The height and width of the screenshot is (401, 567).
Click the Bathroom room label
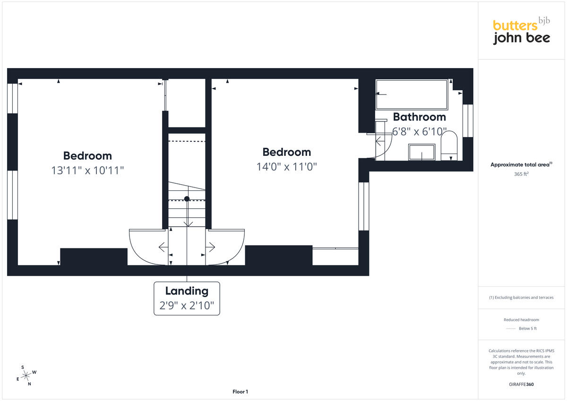point(420,117)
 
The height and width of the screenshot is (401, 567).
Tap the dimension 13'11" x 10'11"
point(87,170)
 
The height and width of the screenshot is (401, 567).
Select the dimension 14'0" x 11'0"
point(286,167)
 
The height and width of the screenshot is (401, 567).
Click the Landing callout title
point(187,291)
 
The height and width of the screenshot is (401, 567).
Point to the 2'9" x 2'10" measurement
point(187,306)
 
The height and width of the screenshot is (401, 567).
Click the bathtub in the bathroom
point(412,94)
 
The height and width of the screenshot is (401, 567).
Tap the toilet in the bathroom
point(449,145)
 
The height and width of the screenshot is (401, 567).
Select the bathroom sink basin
point(421,152)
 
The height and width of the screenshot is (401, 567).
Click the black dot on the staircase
point(187,199)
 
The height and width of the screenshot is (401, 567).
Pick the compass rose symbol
point(26,375)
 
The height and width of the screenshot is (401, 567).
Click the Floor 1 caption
point(240,392)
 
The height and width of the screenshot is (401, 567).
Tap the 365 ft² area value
point(521,174)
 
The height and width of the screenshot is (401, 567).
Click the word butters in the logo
point(515,26)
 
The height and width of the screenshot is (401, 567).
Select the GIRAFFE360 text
point(521,384)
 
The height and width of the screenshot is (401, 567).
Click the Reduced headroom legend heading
point(521,320)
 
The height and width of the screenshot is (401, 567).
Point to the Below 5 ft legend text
point(527,328)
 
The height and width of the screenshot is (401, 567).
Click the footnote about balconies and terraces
point(521,298)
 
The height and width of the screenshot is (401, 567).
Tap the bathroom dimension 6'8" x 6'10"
point(419,132)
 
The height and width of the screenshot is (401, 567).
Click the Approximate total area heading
point(521,164)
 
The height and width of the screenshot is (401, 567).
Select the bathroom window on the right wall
point(468,121)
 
